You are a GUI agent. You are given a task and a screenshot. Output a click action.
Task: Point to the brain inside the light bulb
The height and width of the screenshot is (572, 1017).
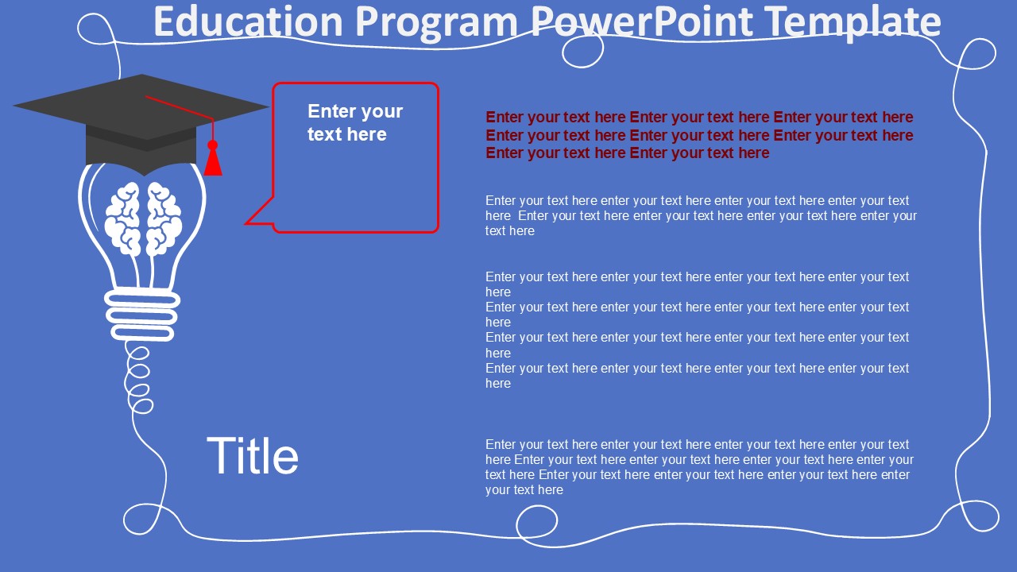pyautogui.click(x=144, y=218)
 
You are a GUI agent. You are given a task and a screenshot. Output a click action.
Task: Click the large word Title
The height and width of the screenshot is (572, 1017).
pyautogui.click(x=253, y=457)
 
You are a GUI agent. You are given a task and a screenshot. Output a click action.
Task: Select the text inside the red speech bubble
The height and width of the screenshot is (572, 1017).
pyautogui.click(x=355, y=123)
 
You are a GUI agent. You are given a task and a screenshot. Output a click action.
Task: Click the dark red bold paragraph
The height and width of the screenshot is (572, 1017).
pyautogui.click(x=699, y=135)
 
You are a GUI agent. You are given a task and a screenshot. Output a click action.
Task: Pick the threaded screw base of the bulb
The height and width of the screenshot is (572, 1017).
pyautogui.click(x=141, y=315)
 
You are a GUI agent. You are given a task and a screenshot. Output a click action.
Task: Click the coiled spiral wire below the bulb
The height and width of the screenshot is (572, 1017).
pyautogui.click(x=139, y=380)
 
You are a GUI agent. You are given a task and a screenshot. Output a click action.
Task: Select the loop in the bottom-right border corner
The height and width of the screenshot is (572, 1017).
pyautogui.click(x=976, y=516)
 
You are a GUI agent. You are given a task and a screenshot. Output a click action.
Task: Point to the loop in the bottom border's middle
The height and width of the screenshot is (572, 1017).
pyautogui.click(x=536, y=524)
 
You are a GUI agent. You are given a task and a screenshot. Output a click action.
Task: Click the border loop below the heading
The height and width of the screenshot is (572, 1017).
pyautogui.click(x=582, y=52)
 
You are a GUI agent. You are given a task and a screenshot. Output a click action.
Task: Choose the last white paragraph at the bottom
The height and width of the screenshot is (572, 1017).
pyautogui.click(x=699, y=467)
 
